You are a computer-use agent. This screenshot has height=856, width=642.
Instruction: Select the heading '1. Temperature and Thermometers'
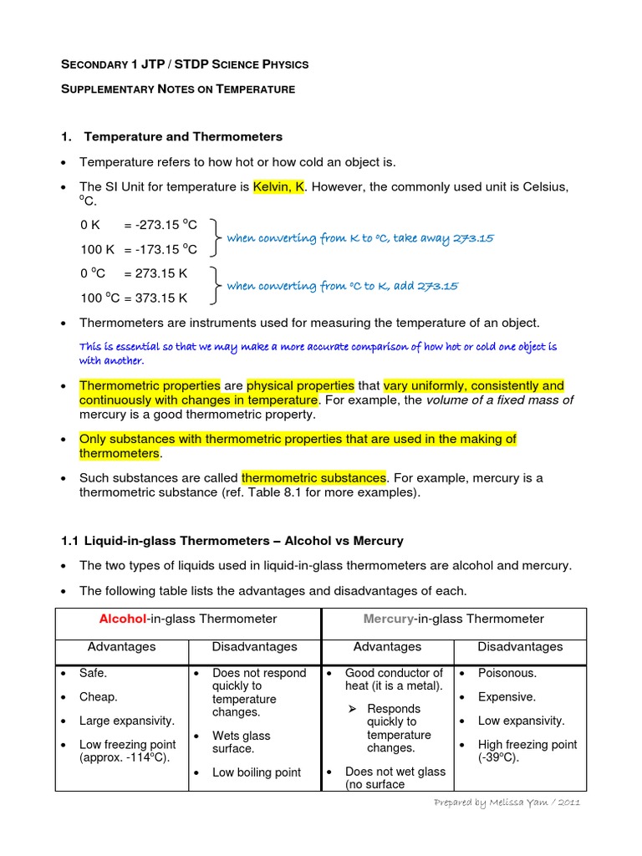[183, 136]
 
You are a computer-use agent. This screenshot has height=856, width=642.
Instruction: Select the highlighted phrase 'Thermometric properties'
[150, 385]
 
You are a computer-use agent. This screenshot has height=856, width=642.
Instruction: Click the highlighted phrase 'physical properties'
[300, 385]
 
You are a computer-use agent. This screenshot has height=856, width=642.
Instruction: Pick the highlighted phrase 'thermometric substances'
[313, 477]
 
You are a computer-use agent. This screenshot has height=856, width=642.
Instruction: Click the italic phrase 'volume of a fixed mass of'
[500, 400]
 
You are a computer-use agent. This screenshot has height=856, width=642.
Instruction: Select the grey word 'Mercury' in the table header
[389, 619]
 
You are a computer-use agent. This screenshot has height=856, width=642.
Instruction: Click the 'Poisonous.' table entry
[507, 673]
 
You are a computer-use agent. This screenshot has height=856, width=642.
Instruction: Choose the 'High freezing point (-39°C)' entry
[527, 751]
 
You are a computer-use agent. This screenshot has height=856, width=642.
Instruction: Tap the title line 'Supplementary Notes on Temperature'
[178, 89]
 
